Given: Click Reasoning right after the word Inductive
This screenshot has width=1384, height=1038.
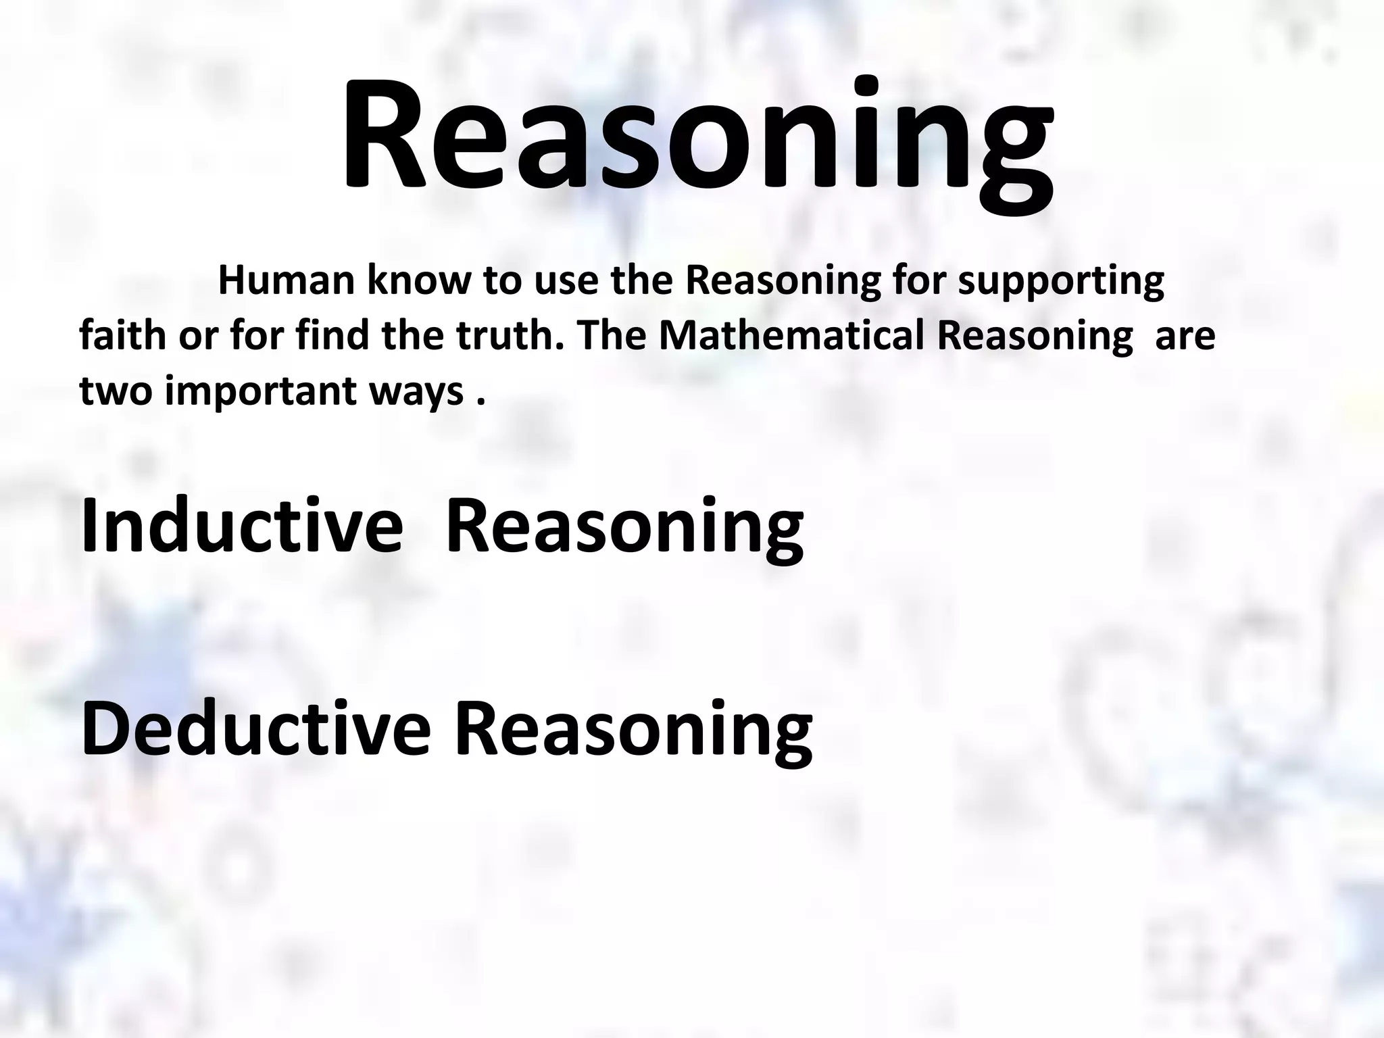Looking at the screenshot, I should tap(625, 525).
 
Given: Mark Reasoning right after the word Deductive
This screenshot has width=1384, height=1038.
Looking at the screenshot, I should tap(633, 729).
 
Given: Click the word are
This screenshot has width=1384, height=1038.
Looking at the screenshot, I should tap(1185, 335).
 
